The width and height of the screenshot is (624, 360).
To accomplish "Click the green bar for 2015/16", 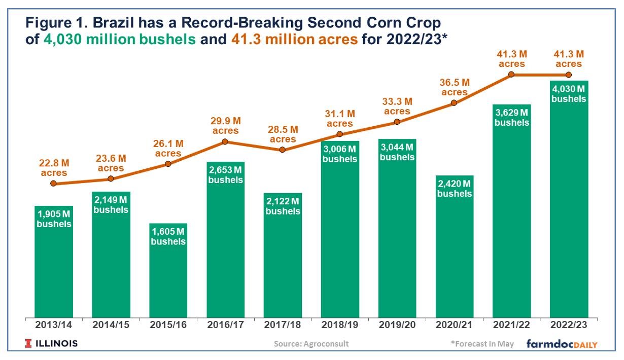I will (x=168, y=274).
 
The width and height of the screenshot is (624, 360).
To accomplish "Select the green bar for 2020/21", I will (x=455, y=254).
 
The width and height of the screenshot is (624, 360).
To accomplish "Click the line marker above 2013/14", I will (x=54, y=184).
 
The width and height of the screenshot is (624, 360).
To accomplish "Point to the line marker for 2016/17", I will (x=225, y=142).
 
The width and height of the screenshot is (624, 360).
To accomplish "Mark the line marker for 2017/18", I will (x=283, y=150).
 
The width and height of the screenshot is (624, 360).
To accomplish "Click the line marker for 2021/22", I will (x=511, y=75).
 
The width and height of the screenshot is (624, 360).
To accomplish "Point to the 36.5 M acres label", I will (x=455, y=87).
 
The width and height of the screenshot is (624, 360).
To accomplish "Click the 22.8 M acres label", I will (x=54, y=168).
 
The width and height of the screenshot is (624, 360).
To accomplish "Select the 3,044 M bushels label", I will (x=397, y=152).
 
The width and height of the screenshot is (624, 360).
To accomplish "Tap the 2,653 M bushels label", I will (x=225, y=175).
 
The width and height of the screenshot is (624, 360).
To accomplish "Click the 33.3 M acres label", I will (x=397, y=106).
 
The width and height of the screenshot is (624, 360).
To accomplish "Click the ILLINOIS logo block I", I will (x=28, y=344).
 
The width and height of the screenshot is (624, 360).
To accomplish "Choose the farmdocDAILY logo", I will (x=562, y=344).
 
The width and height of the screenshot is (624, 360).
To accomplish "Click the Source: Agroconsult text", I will (x=311, y=344).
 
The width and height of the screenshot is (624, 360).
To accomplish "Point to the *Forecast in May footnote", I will (x=482, y=344).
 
